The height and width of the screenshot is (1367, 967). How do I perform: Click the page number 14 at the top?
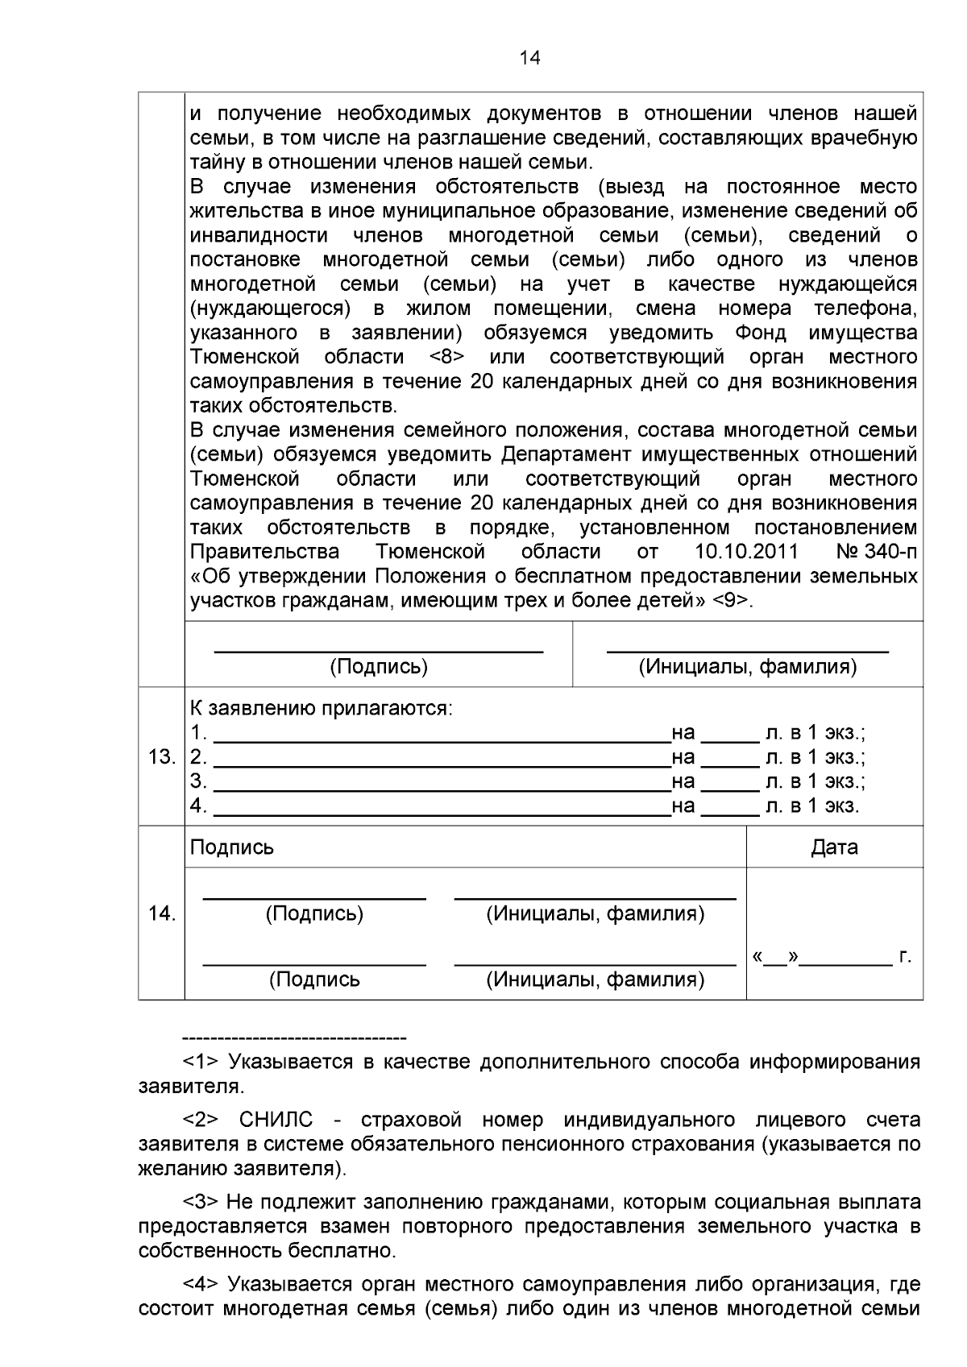(530, 58)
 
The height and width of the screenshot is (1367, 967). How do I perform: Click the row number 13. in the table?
(162, 757)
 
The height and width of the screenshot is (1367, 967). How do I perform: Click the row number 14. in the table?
(162, 913)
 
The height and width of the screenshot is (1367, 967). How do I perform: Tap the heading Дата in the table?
(834, 847)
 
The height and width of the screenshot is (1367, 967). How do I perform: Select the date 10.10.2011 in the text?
(745, 552)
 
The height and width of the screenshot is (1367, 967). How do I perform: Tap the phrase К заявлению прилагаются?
(322, 709)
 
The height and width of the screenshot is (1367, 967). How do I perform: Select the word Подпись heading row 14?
(232, 847)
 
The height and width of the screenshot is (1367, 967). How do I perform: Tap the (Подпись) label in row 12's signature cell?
(379, 667)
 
